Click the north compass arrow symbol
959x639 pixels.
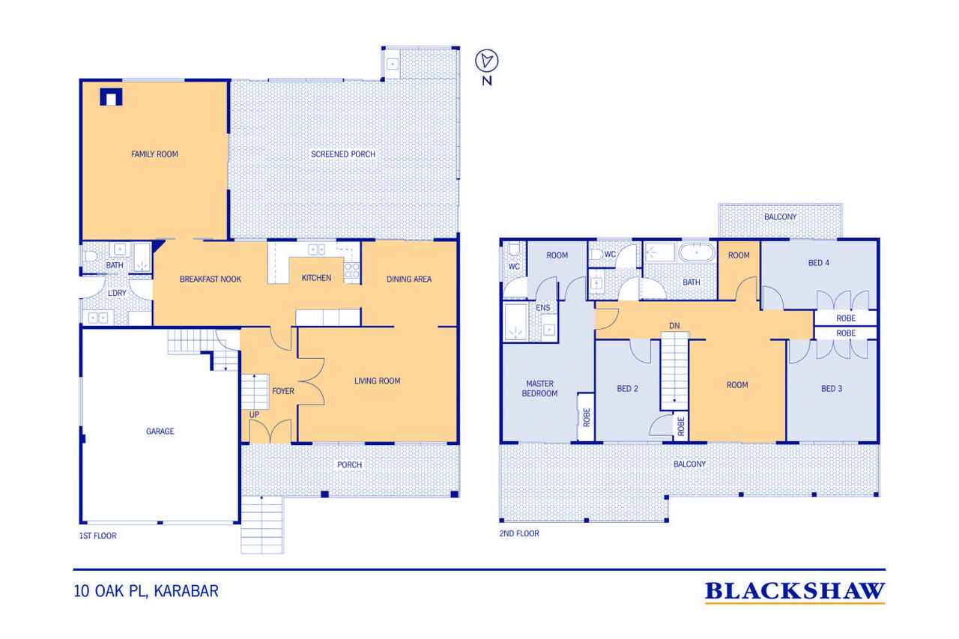coord(487,61)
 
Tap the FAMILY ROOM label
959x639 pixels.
coord(154,154)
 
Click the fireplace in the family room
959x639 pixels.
coord(112,97)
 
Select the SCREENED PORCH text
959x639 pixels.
coord(343,154)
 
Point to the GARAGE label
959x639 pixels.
coord(160,431)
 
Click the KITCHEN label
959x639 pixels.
coord(316,278)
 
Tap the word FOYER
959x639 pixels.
coord(283,391)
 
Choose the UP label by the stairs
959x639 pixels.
coord(254,415)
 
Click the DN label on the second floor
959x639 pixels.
coord(674,326)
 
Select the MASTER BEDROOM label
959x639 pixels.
coord(539,389)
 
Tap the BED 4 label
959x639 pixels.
coord(819,263)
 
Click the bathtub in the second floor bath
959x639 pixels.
coord(697,252)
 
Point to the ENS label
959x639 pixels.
coord(543,308)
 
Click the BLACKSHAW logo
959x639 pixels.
coord(795,591)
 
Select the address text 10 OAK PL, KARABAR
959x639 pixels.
coord(146,591)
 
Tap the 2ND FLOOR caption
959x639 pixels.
coord(519,533)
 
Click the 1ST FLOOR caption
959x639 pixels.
coord(97,536)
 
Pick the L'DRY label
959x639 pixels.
coord(117,293)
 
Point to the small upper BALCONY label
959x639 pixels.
coord(780,217)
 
